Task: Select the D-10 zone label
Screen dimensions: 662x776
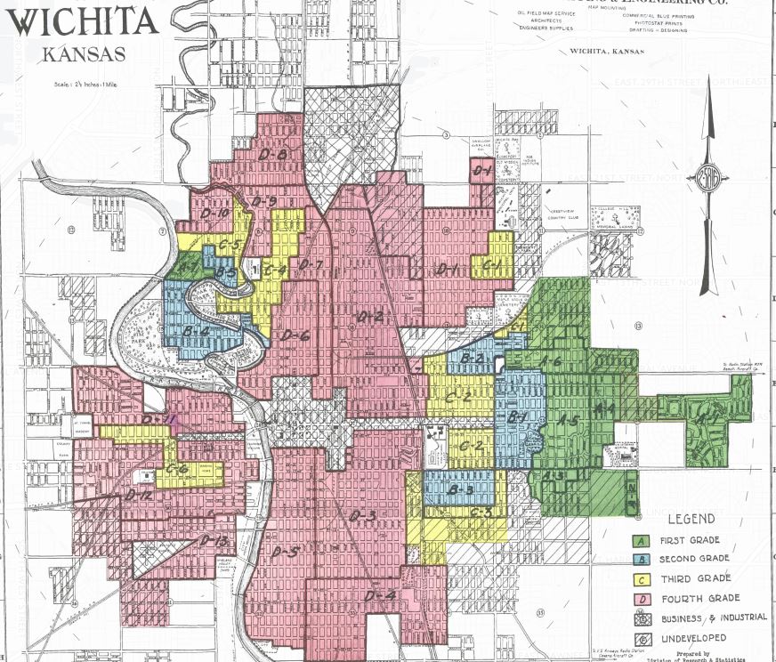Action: (215, 214)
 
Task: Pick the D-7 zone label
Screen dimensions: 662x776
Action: (309, 265)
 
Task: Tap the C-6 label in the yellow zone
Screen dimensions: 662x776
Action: (177, 468)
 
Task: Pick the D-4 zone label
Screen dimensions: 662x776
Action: (379, 593)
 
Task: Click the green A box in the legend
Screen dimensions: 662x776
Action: (639, 540)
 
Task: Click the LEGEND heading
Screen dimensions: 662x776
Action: (691, 518)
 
